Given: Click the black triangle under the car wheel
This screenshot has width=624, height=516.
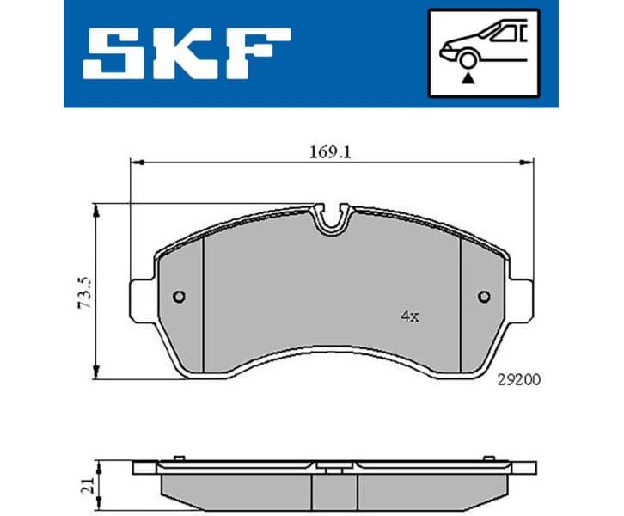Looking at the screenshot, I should pyautogui.click(x=468, y=77).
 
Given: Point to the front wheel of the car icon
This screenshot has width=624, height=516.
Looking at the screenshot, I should pyautogui.click(x=468, y=58).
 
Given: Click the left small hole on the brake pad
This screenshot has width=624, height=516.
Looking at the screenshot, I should pyautogui.click(x=179, y=298).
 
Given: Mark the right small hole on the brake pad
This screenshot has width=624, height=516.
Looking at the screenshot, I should pyautogui.click(x=485, y=298).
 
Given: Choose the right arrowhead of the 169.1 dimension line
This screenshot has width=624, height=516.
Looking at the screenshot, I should pyautogui.click(x=529, y=161).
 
